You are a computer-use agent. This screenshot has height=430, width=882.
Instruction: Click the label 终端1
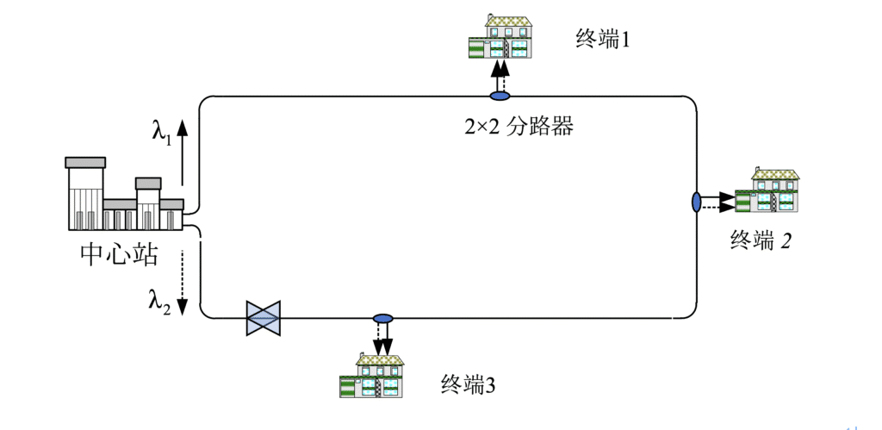click(603, 38)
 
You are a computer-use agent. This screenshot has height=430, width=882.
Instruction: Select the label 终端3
click(468, 384)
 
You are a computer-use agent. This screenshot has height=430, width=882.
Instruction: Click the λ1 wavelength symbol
click(162, 131)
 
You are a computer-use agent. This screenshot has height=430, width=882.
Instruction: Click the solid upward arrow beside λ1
click(183, 150)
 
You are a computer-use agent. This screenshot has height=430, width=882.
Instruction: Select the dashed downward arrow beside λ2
click(183, 280)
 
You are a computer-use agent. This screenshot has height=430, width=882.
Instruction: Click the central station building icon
click(122, 196)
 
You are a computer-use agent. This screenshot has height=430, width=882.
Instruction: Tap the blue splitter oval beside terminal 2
click(696, 203)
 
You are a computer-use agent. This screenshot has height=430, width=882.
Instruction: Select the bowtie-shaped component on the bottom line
click(264, 318)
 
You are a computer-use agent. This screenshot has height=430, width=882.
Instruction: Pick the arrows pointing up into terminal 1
click(500, 74)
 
